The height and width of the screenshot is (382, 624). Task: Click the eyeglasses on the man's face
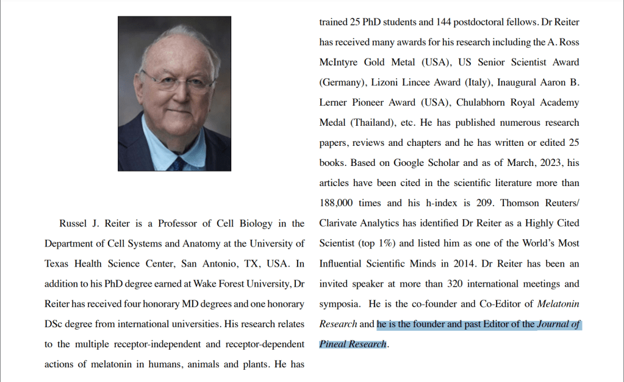[176, 81]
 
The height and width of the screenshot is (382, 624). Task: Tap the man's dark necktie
[178, 164]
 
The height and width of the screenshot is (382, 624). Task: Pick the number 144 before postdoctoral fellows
[443, 22]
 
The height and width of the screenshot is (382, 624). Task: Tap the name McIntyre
[339, 62]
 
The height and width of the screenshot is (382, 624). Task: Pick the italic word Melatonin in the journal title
[558, 304]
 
